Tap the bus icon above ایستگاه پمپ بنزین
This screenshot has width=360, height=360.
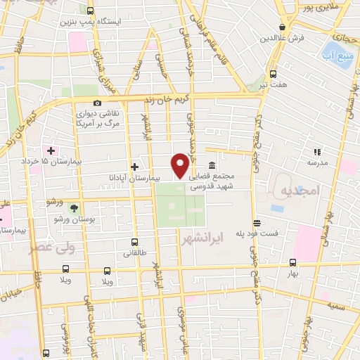[89, 11]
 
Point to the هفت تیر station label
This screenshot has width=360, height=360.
[273, 85]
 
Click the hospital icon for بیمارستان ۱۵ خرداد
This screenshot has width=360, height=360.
[51, 150]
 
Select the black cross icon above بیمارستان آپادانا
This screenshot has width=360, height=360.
[134, 167]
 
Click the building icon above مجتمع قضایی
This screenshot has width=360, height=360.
[212, 166]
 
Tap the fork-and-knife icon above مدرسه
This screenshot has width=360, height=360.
[317, 151]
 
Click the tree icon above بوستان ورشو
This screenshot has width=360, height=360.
[74, 208]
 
